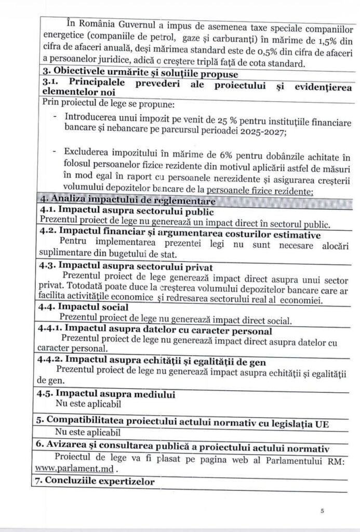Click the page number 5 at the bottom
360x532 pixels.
(x=323, y=511)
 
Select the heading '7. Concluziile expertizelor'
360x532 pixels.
(x=96, y=482)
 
